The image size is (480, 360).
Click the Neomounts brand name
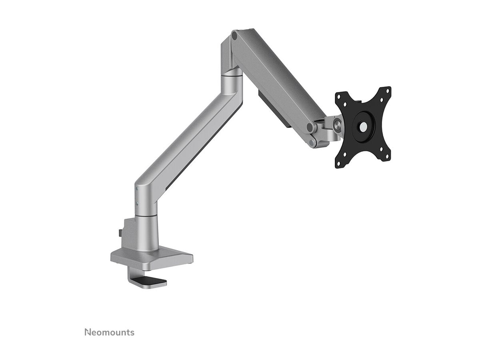pos(109,332)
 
